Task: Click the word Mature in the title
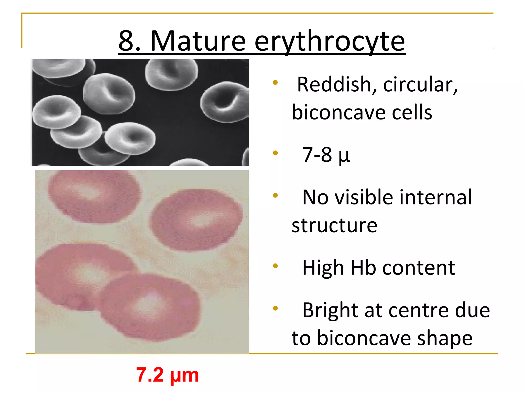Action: coord(198,41)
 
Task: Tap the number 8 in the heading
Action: coord(126,41)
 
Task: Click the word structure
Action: coord(334,226)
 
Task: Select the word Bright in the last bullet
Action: coord(330,310)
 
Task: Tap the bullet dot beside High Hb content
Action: coord(275,266)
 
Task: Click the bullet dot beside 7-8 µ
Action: coord(275,153)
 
